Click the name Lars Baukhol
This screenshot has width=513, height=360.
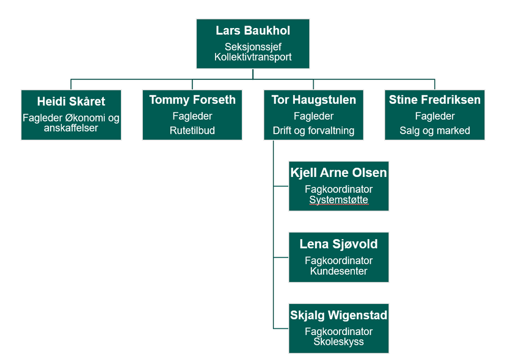253,31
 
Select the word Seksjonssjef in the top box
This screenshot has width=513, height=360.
253,46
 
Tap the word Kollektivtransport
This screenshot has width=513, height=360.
253,57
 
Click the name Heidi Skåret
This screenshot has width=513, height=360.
71,101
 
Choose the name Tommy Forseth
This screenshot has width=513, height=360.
192,100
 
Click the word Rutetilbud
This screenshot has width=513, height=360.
192,130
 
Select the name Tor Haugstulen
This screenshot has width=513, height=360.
313,100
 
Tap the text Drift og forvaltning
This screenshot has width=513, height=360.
313,130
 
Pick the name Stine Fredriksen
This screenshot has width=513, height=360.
435,100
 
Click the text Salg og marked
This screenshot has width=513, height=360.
435,130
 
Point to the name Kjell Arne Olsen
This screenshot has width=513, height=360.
338,173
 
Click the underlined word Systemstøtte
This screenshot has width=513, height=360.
338,200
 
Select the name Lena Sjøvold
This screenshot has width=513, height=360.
338,244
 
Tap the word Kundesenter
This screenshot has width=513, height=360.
338,271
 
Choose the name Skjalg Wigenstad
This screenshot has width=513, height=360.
338,315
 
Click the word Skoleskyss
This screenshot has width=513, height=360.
338,342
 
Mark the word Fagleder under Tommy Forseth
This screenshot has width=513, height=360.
192,116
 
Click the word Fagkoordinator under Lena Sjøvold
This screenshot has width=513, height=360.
338,261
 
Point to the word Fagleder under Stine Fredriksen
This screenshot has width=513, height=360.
435,116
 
